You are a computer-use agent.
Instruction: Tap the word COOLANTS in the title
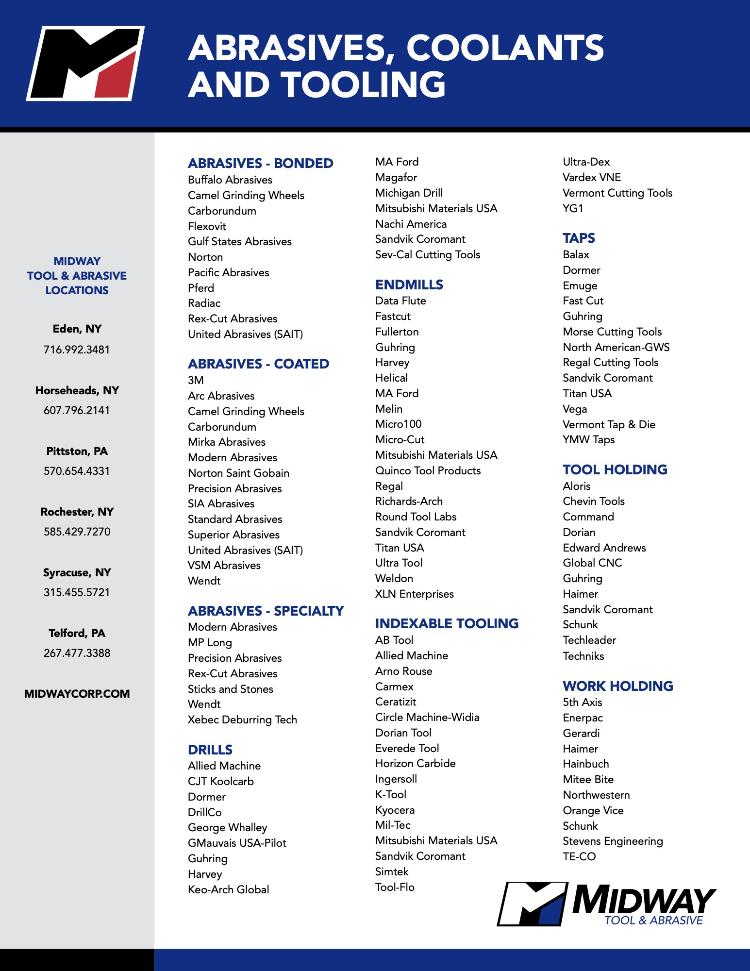pos(505,48)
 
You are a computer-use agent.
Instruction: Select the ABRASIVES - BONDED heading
pos(260,163)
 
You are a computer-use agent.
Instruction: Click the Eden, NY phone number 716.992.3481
pos(77,350)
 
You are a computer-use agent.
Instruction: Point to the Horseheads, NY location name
pos(77,390)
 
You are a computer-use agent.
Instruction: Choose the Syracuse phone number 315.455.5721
pos(77,592)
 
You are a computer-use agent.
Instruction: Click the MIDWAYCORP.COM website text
pos(77,694)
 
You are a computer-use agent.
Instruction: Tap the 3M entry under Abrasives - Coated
pos(196,380)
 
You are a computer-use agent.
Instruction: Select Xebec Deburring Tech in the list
pos(242,720)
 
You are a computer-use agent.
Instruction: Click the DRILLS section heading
pos(210,750)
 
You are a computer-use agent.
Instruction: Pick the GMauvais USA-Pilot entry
pos(237,843)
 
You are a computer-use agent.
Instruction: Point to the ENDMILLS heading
pos(409,285)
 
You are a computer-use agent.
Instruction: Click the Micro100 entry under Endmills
pos(398,424)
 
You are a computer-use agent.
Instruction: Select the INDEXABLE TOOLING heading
pos(447,623)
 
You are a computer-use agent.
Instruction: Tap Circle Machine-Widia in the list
pos(427,717)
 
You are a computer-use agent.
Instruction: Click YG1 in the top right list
pos(573,208)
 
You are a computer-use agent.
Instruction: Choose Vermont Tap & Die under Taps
pos(609,424)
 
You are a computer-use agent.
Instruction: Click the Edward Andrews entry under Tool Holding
pos(604,548)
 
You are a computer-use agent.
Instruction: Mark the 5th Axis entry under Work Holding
pos(582,702)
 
